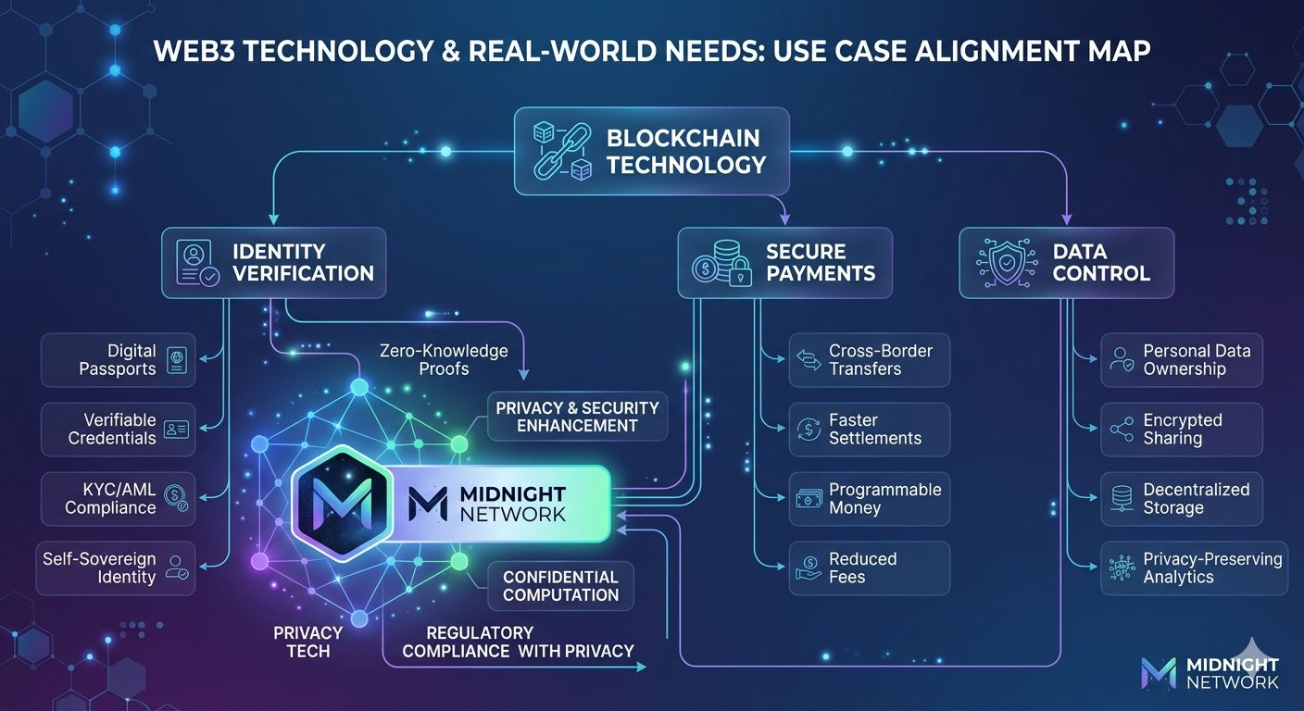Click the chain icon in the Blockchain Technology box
click(x=558, y=152)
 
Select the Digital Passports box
click(x=118, y=360)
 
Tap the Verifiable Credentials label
click(x=112, y=429)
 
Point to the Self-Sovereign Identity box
click(x=117, y=568)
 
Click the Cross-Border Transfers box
click(x=870, y=360)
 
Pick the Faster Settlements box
click(x=870, y=429)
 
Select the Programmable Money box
click(x=870, y=498)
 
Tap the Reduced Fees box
click(x=870, y=568)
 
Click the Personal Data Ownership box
click(x=1182, y=360)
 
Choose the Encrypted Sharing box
click(x=1182, y=429)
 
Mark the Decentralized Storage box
click(x=1182, y=498)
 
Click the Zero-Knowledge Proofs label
click(x=444, y=360)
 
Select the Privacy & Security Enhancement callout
click(x=577, y=417)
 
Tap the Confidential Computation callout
click(x=560, y=586)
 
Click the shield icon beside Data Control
click(x=1001, y=263)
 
